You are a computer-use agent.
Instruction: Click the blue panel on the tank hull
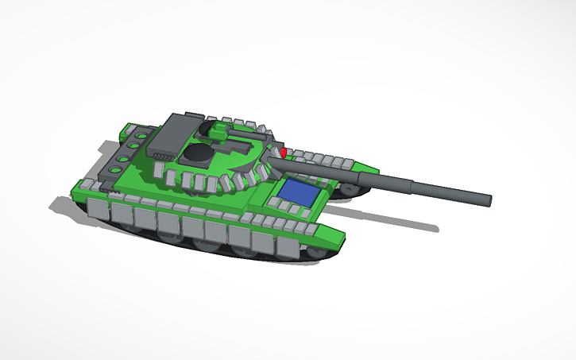(x=299, y=190)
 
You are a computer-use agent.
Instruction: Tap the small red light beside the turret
(x=284, y=151)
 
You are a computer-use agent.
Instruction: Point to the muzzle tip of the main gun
(x=488, y=199)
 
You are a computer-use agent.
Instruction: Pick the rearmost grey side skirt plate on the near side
(x=96, y=209)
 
